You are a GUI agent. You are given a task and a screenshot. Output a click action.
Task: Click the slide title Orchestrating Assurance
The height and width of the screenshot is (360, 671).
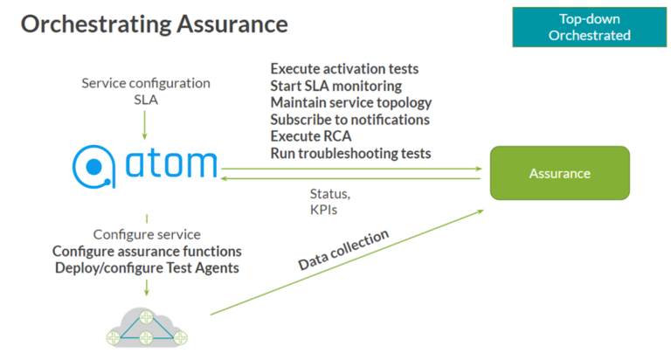pyautogui.click(x=155, y=24)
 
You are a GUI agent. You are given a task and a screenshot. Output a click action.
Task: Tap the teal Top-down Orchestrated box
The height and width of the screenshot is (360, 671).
pyautogui.click(x=589, y=27)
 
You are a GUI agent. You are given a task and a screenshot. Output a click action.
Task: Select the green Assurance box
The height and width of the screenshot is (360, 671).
pyautogui.click(x=560, y=173)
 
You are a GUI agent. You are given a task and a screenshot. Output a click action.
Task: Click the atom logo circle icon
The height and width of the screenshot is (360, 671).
pyautogui.click(x=93, y=167)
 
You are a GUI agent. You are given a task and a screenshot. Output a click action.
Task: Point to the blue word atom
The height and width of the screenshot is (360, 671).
pyautogui.click(x=171, y=163)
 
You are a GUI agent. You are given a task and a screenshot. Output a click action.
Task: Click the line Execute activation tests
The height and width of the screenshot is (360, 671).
pyautogui.click(x=344, y=69)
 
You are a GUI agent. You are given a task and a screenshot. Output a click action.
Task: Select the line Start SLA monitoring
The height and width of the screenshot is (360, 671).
pyautogui.click(x=335, y=86)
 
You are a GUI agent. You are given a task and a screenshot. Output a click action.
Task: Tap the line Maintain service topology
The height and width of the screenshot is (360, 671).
pyautogui.click(x=351, y=103)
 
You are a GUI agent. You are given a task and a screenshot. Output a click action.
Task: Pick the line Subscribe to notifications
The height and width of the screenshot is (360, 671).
pyautogui.click(x=350, y=120)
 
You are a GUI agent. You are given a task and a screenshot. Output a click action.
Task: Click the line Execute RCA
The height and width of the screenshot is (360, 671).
pyautogui.click(x=311, y=136)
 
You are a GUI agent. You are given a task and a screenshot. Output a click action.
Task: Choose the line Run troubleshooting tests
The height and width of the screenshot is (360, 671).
pyautogui.click(x=350, y=154)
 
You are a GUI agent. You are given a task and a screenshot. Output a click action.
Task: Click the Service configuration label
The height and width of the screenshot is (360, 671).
pyautogui.click(x=146, y=83)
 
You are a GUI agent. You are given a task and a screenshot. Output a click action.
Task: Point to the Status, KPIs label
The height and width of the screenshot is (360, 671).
pyautogui.click(x=330, y=202)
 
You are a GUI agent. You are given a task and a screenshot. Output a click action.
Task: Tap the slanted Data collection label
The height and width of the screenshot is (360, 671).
pyautogui.click(x=343, y=250)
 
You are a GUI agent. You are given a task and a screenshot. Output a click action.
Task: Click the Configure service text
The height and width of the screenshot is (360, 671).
pyautogui.click(x=147, y=234)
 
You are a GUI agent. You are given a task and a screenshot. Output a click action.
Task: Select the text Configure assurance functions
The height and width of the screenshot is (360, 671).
pyautogui.click(x=147, y=252)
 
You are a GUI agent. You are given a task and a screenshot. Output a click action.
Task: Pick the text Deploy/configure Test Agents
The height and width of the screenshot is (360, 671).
pyautogui.click(x=147, y=268)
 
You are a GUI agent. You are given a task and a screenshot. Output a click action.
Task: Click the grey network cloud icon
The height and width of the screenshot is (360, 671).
pyautogui.click(x=147, y=328)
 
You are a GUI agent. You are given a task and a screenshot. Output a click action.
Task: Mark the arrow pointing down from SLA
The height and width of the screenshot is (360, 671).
pyautogui.click(x=145, y=125)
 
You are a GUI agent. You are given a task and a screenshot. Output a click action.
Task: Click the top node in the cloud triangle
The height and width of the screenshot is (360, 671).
pyautogui.click(x=147, y=317)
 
